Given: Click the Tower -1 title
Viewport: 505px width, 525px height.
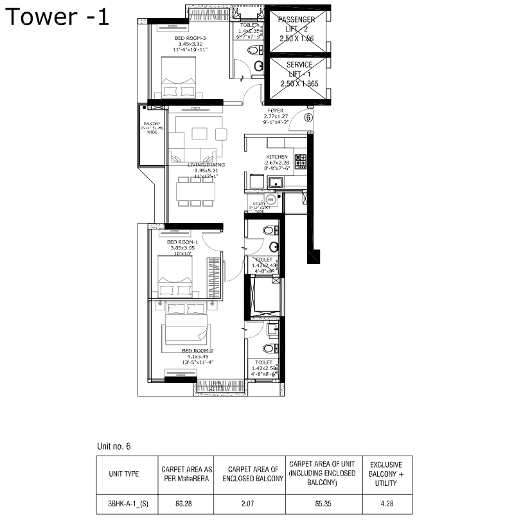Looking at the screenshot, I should click(x=58, y=17).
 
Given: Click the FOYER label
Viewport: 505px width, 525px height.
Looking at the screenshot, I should click(x=276, y=111).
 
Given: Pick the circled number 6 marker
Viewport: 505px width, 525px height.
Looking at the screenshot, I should click(x=308, y=118).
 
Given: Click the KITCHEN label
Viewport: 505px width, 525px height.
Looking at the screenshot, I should click(x=277, y=157).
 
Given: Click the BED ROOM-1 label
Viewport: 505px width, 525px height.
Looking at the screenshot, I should click(x=181, y=242).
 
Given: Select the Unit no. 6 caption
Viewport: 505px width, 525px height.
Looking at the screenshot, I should click(x=114, y=445).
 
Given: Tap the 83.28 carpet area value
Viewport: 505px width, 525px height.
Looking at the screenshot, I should click(x=184, y=504).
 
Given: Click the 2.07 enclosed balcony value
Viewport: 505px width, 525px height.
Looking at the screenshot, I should click(x=248, y=504).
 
